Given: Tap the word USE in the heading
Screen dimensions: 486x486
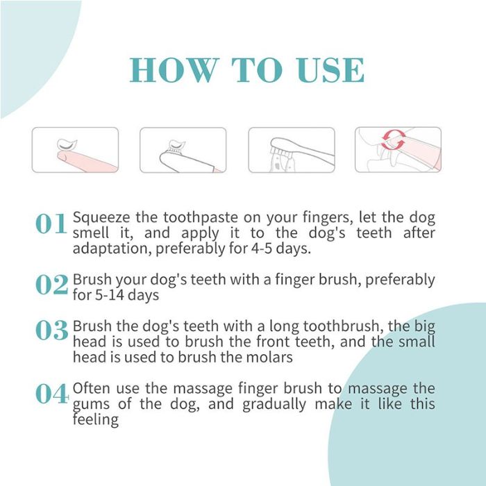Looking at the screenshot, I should (326, 70).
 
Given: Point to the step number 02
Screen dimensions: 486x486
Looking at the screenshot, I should (51, 285).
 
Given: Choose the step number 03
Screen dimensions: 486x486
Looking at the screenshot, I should (51, 331).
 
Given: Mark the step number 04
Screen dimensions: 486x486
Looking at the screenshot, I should (51, 394).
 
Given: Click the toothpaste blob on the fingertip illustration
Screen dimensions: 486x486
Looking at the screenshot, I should (67, 144).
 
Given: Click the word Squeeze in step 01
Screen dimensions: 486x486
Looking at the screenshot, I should (101, 217).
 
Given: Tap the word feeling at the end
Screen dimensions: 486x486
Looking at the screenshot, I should (96, 420).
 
